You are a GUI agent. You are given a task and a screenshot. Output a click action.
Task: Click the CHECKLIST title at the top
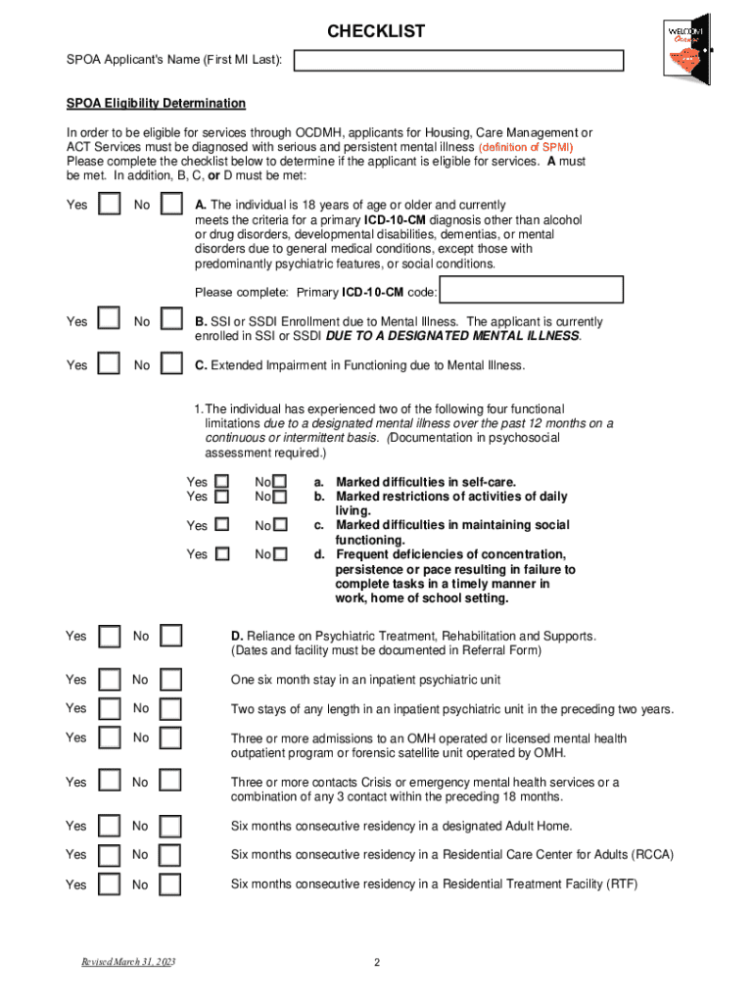point(376,31)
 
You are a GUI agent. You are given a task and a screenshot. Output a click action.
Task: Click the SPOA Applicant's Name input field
point(459,61)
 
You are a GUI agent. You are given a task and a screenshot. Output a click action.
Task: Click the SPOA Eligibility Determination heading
point(156,103)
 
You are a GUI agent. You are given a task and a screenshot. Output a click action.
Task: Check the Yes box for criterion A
point(112,204)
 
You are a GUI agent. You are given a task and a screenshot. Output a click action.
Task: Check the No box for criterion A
point(171,204)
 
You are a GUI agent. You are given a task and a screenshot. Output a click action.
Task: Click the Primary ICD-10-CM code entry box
point(532,291)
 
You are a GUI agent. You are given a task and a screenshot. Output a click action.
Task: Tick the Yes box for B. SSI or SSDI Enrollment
point(112,320)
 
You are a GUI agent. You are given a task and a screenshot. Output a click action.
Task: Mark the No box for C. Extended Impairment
point(171,364)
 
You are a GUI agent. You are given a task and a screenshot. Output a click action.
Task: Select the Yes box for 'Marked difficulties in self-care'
point(222,482)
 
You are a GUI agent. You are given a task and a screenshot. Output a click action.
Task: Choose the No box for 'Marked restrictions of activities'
point(281,497)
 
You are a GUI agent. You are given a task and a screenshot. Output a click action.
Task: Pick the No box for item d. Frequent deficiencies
point(281,554)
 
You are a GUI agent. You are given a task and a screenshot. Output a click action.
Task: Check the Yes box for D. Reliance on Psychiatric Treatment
point(112,636)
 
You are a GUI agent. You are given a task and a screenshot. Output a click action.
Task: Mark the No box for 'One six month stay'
point(171,679)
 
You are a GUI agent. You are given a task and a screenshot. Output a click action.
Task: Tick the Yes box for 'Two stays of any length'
point(112,707)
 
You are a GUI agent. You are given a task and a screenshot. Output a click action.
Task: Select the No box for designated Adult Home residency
point(171,825)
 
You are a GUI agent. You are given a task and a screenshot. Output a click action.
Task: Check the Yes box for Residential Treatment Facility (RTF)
point(112,884)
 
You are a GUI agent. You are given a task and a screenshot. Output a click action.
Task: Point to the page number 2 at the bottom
point(376,963)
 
